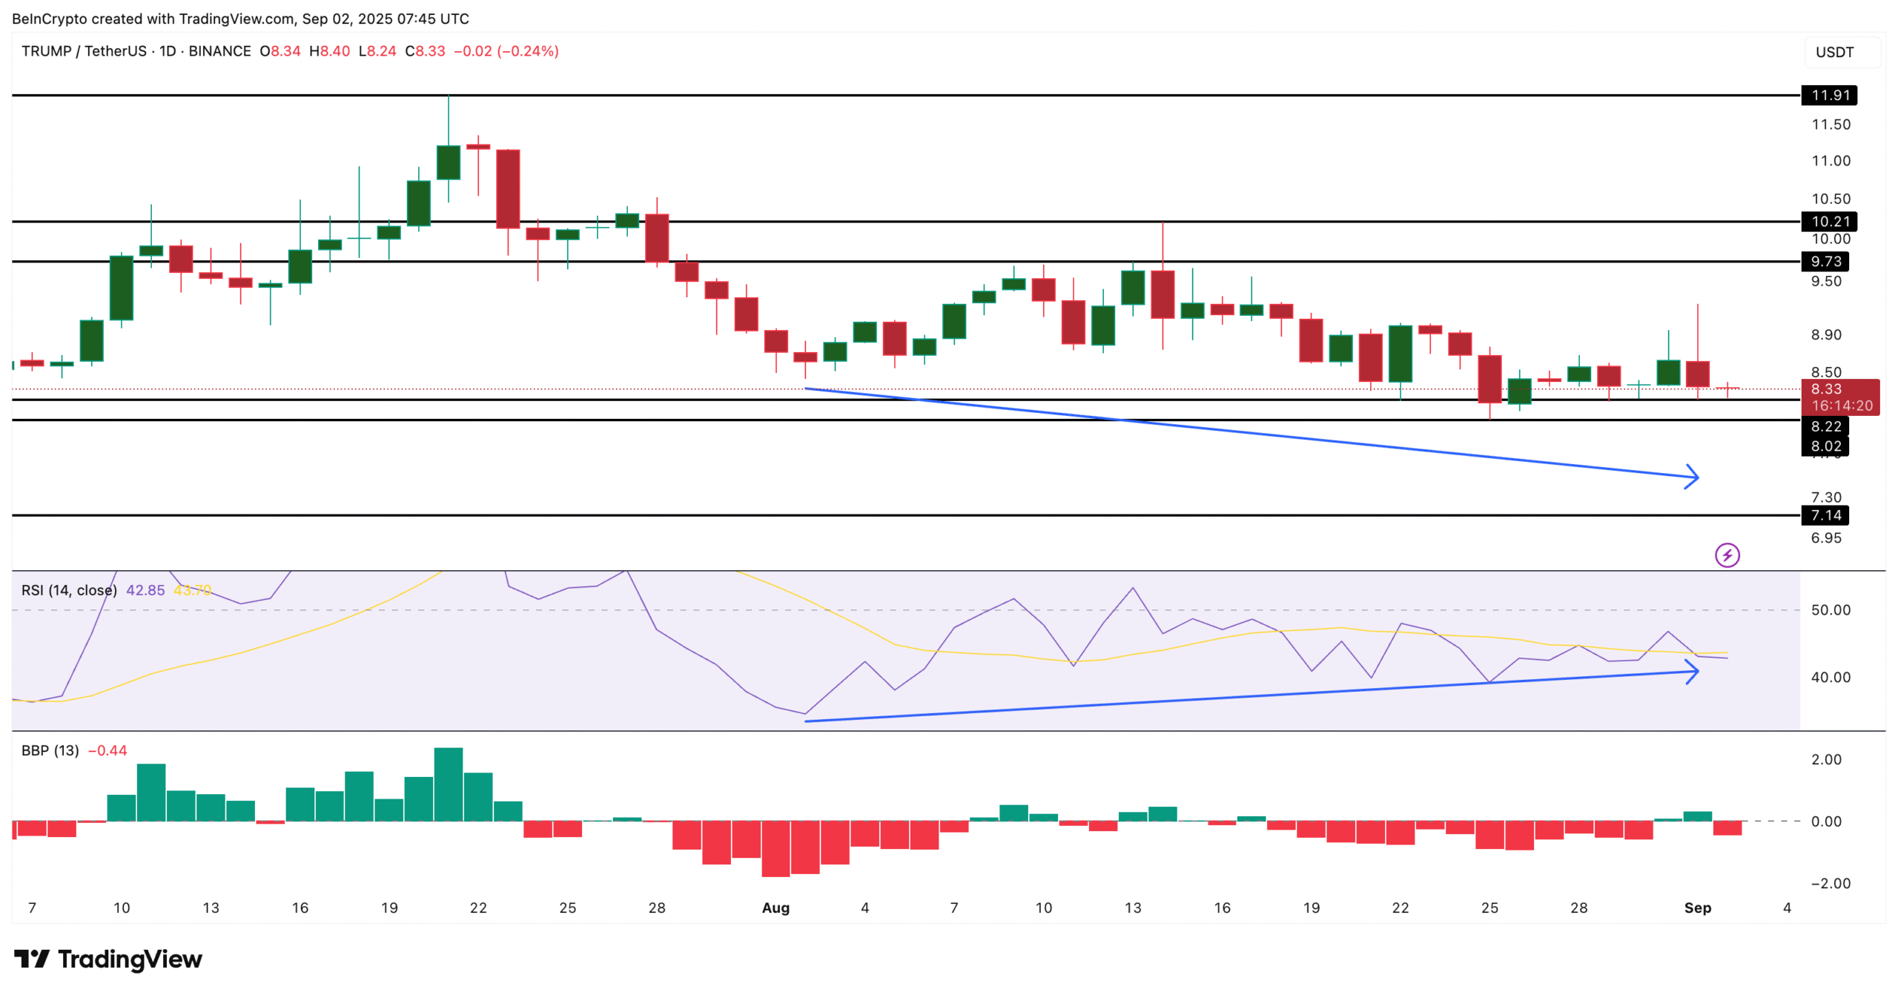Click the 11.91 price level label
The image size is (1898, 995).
1829,95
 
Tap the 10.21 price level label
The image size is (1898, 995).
1829,221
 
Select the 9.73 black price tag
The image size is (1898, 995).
1825,261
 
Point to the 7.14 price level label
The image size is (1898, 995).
1825,515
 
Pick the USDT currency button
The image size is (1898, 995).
1833,52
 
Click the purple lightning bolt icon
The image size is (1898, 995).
1727,555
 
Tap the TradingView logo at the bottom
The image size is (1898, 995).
108,959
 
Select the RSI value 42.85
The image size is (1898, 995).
145,590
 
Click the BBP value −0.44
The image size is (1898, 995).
108,750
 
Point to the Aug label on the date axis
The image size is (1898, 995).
776,908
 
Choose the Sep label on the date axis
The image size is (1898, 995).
1697,908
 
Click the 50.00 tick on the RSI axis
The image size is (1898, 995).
1830,609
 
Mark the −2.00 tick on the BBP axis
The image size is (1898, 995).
1825,883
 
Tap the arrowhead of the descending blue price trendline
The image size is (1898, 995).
1693,477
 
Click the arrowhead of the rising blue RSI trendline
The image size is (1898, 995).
1693,672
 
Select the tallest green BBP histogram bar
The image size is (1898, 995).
449,784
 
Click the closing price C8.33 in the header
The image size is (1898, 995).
425,51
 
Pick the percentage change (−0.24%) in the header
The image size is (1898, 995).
528,51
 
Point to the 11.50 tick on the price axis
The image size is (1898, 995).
1830,125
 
